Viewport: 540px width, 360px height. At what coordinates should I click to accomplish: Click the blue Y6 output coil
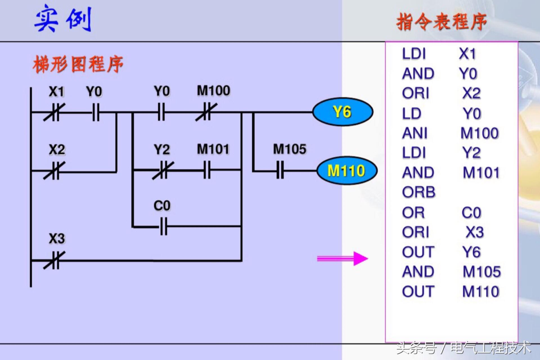pyautogui.click(x=343, y=112)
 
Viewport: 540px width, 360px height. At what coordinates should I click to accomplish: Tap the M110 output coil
pyautogui.click(x=346, y=170)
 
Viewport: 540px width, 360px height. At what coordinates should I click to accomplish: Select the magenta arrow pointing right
pyautogui.click(x=342, y=258)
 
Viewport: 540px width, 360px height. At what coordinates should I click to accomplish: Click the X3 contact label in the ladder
pyautogui.click(x=57, y=239)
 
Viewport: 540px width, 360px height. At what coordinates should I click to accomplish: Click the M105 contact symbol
pyautogui.click(x=280, y=170)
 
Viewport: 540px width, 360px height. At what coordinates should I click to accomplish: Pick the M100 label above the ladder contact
pyautogui.click(x=213, y=91)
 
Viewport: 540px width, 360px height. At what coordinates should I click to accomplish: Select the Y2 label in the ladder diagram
pyautogui.click(x=162, y=150)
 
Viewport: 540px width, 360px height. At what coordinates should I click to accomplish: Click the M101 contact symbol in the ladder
pyautogui.click(x=207, y=170)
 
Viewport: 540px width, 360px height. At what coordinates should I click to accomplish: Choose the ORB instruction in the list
pyautogui.click(x=419, y=192)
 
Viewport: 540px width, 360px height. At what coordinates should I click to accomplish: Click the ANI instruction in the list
pyautogui.click(x=415, y=133)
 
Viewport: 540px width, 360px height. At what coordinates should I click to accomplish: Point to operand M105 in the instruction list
pyautogui.click(x=481, y=272)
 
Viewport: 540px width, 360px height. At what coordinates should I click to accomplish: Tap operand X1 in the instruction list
pyautogui.click(x=467, y=54)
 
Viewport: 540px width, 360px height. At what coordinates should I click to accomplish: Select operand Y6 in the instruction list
pyautogui.click(x=471, y=252)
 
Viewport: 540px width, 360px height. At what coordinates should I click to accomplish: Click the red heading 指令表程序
pyautogui.click(x=441, y=22)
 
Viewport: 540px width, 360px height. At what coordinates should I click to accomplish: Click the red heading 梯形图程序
pyautogui.click(x=78, y=64)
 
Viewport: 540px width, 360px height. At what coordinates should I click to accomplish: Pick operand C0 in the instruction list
pyautogui.click(x=471, y=213)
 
